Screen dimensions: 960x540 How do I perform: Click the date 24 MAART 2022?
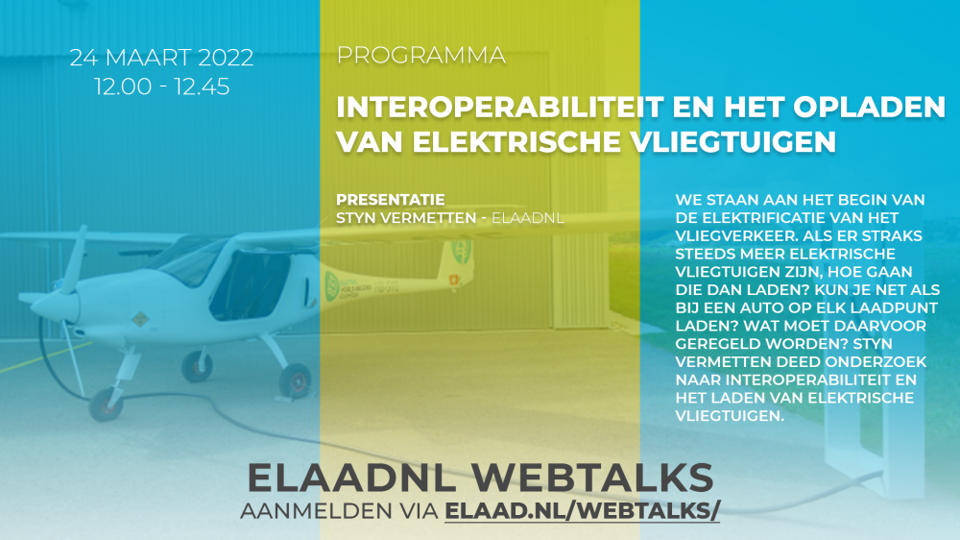point(161,58)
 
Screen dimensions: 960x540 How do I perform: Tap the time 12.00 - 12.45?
point(161,86)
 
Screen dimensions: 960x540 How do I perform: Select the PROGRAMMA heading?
point(421,55)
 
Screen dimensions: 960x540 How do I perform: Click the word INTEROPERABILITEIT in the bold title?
point(500,108)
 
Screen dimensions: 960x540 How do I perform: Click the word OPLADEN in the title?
point(870,108)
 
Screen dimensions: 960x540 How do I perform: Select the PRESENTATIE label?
point(391,200)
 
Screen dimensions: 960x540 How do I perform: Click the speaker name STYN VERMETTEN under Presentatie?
point(406,217)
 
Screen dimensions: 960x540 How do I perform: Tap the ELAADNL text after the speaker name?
point(528,217)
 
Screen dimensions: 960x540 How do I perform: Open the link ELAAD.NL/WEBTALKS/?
point(583,510)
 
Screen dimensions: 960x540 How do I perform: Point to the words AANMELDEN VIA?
point(339,510)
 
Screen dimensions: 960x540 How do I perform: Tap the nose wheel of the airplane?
point(106,405)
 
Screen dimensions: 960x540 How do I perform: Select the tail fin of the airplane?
point(458,259)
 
